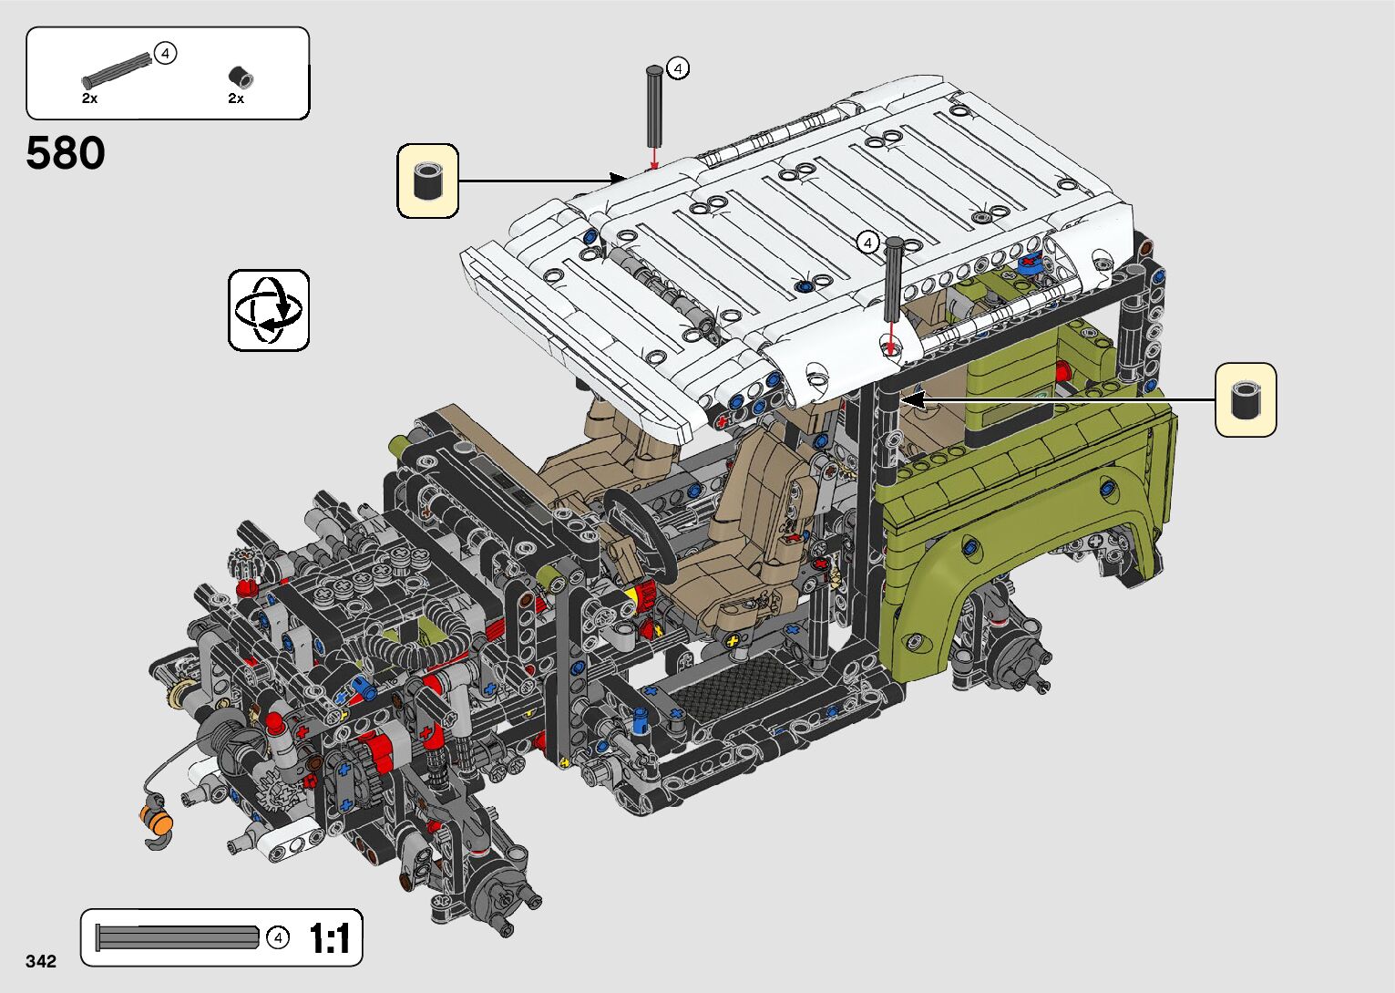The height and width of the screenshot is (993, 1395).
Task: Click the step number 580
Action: (x=66, y=152)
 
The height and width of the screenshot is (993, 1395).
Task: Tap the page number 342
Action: (x=41, y=960)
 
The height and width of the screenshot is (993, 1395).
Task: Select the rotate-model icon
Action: (x=269, y=310)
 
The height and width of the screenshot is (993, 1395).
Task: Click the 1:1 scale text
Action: (x=330, y=938)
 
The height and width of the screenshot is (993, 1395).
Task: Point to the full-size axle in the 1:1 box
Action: (x=178, y=936)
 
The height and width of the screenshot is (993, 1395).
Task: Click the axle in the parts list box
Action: (x=117, y=70)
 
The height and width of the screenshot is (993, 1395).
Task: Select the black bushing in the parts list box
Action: (x=241, y=78)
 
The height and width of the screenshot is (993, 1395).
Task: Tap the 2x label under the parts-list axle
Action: (x=89, y=98)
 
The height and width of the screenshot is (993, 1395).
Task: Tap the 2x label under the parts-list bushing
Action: (x=236, y=98)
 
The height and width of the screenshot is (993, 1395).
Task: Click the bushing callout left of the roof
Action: (x=428, y=181)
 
